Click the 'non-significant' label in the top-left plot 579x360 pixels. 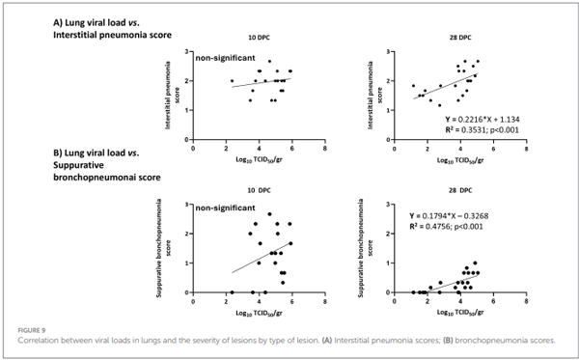click(x=224, y=59)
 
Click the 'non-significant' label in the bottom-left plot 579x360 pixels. click(x=224, y=207)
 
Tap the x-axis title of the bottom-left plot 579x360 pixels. click(x=258, y=311)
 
